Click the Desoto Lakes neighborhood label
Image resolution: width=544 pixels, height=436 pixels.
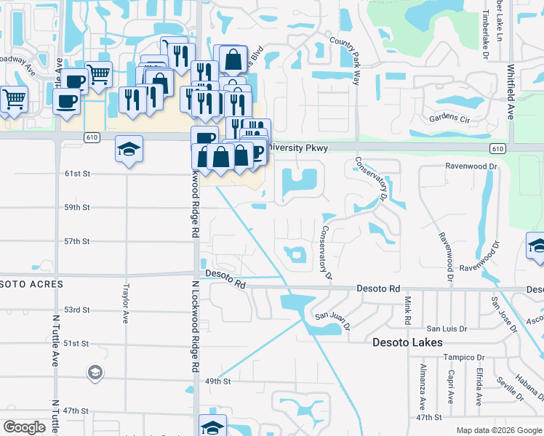click(407, 342)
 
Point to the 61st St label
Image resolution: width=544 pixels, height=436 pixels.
click(76, 174)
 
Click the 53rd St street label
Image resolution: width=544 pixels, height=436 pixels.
click(76, 310)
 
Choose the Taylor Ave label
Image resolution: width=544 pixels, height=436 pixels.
click(126, 303)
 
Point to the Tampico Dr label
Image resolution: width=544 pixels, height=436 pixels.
click(465, 358)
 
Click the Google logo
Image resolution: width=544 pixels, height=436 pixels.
click(24, 427)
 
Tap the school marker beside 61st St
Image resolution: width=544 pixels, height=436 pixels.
click(129, 150)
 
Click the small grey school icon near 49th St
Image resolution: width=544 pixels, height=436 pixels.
click(95, 374)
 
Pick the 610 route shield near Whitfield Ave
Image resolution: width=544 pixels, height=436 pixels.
click(497, 148)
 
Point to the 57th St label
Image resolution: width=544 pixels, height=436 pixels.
click(76, 241)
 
